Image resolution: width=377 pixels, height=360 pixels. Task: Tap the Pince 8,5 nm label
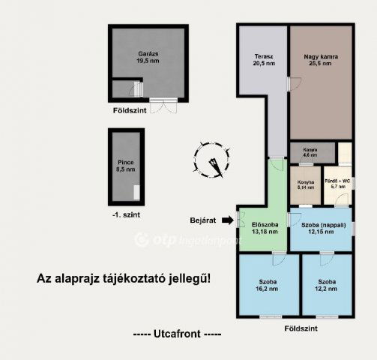click(126, 166)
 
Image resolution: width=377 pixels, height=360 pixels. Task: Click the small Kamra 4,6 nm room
click(310, 151)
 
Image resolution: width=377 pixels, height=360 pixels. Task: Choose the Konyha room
click(304, 184)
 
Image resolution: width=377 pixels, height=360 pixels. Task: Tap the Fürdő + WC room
click(334, 184)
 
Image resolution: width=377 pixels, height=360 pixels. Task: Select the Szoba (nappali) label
click(322, 227)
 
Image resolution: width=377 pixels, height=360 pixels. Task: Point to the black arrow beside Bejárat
click(228, 220)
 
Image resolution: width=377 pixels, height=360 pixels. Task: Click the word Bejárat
click(202, 220)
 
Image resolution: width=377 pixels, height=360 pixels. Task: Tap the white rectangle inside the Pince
click(136, 192)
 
